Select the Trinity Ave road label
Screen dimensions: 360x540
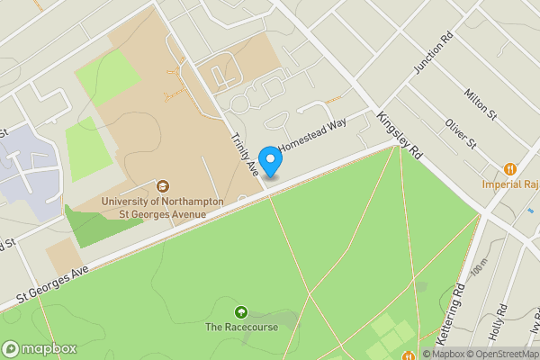click(x=247, y=154)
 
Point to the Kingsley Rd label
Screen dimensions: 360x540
click(x=400, y=135)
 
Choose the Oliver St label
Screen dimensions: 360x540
click(x=459, y=134)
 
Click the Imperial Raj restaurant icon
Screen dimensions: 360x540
click(x=510, y=168)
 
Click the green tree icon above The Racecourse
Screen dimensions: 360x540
click(x=240, y=311)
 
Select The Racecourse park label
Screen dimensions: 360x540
click(x=241, y=328)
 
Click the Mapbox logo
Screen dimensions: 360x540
click(x=40, y=348)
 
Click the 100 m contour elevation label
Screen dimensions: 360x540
click(x=478, y=267)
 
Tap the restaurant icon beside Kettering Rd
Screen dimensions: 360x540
click(x=407, y=354)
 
